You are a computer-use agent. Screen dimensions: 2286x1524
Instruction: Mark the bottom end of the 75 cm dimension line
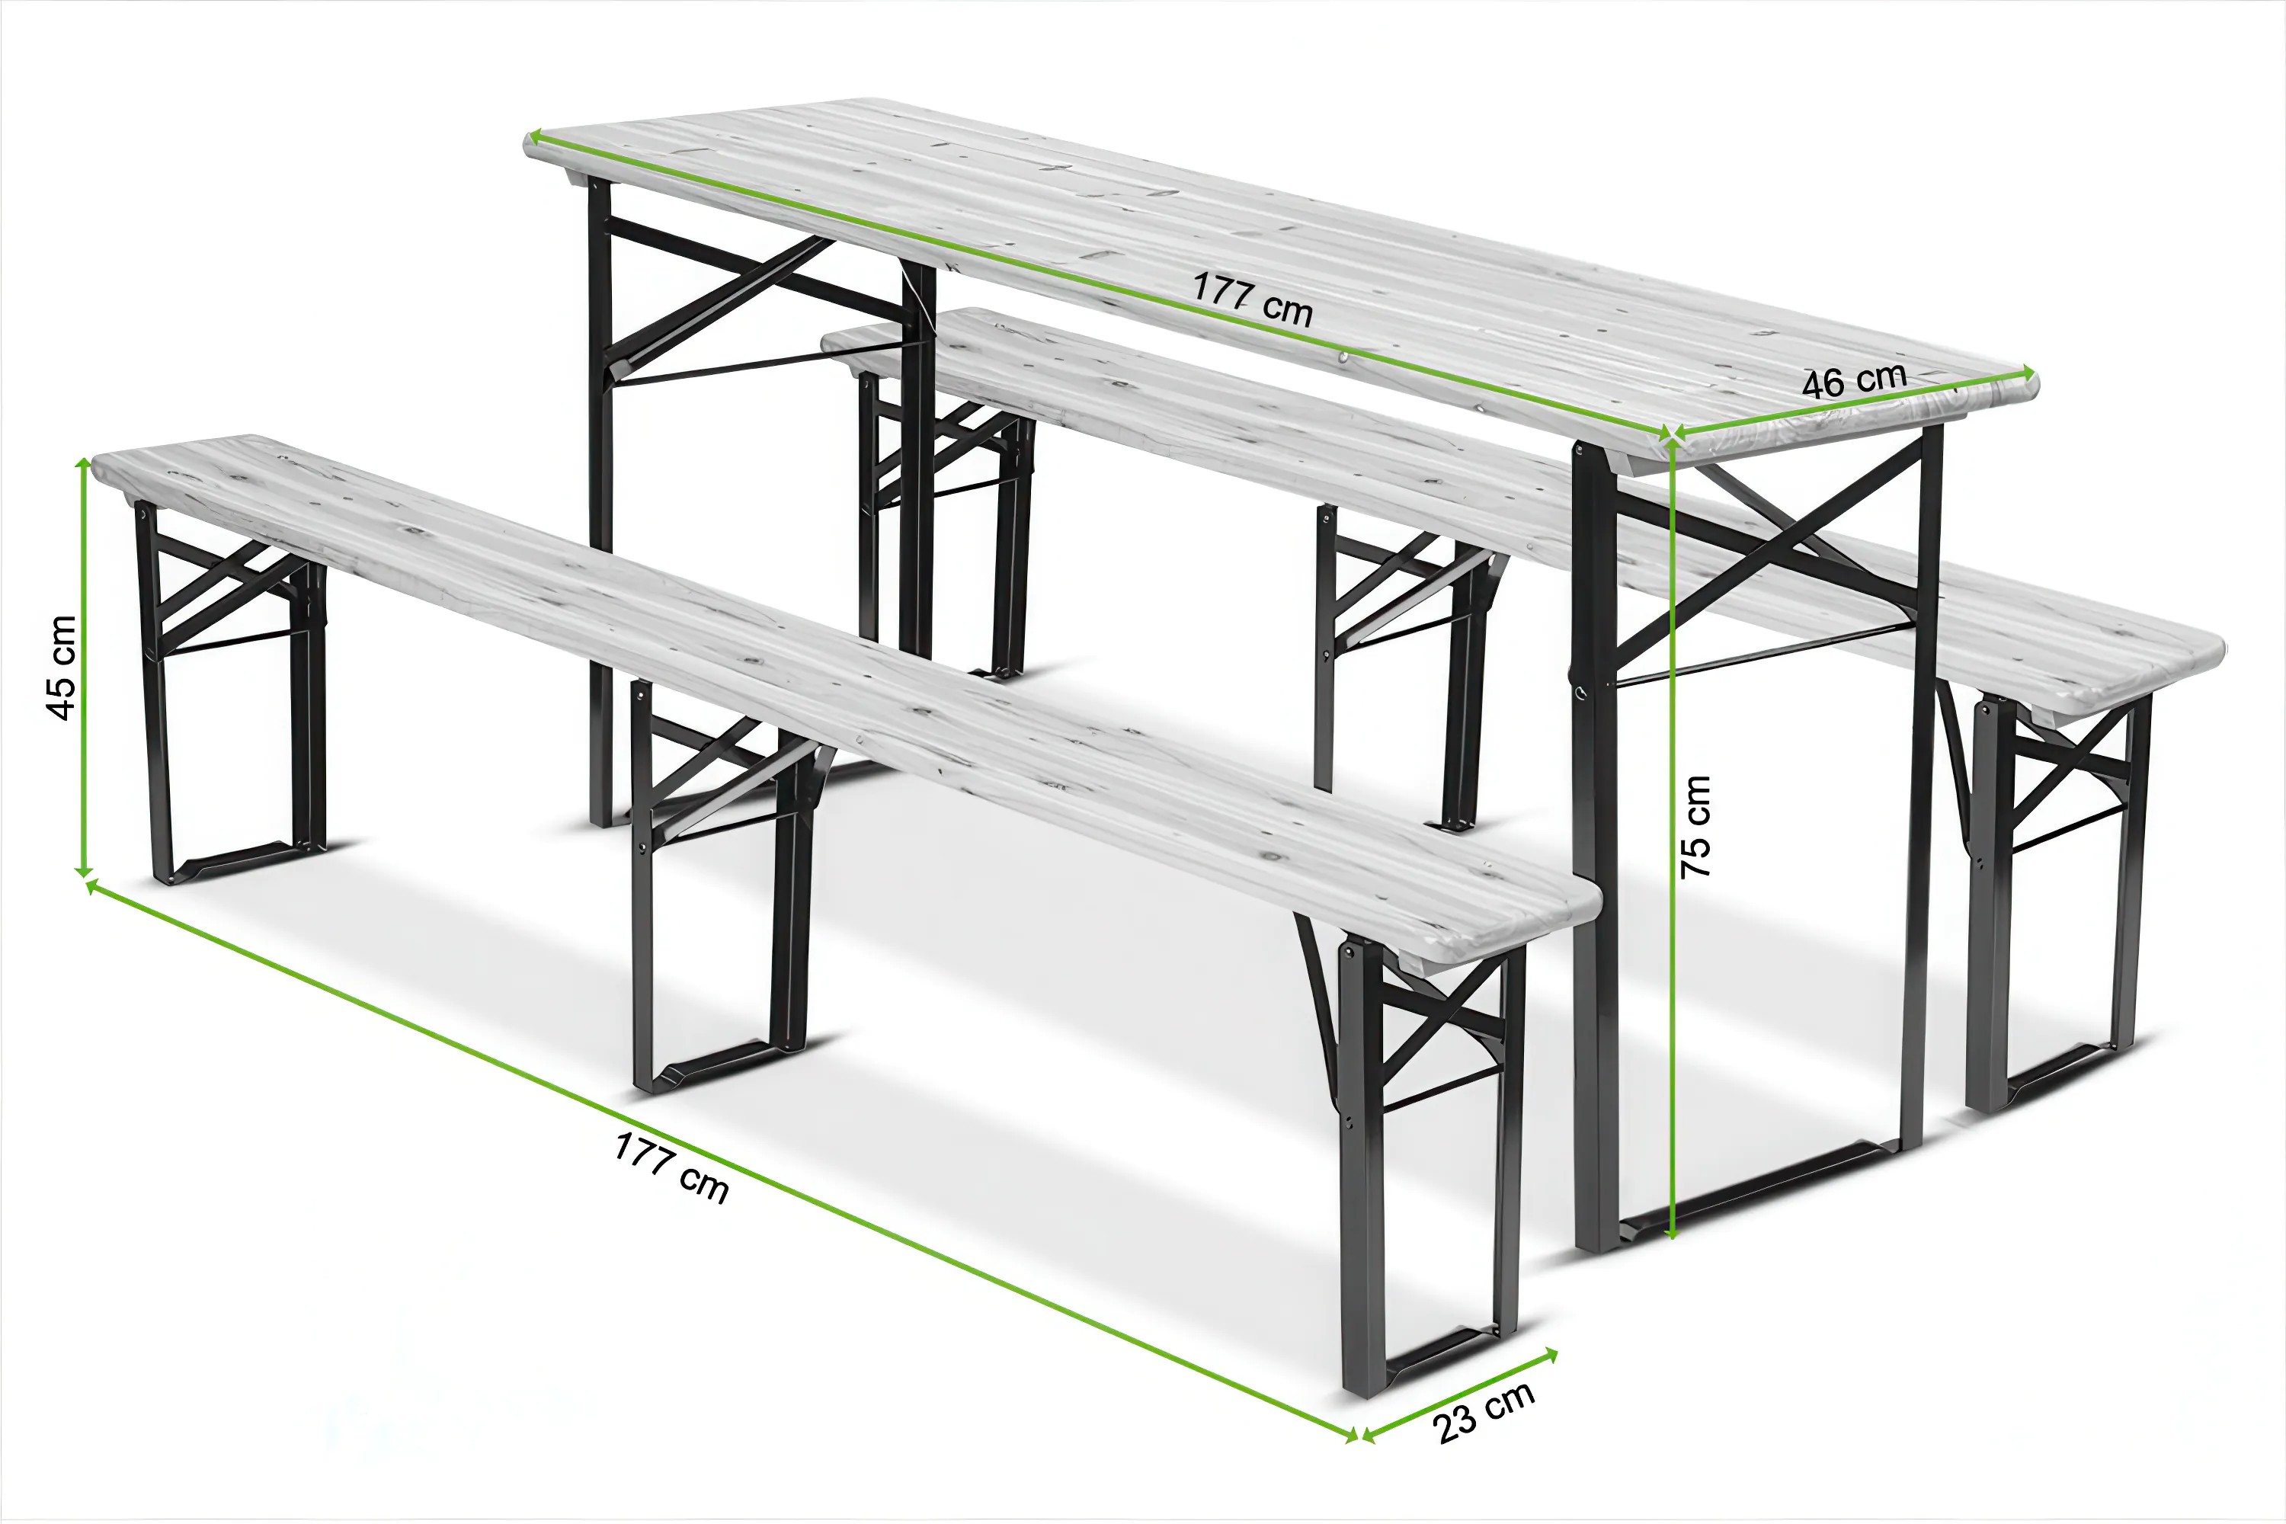[x=1672, y=1238]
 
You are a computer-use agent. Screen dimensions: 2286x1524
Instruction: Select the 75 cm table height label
[x=1695, y=827]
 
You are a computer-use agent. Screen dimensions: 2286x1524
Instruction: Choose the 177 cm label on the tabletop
[x=1253, y=299]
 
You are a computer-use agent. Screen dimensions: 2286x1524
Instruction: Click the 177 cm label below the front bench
[x=671, y=1167]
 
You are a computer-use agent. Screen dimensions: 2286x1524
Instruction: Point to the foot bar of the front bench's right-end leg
[x=1436, y=1355]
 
